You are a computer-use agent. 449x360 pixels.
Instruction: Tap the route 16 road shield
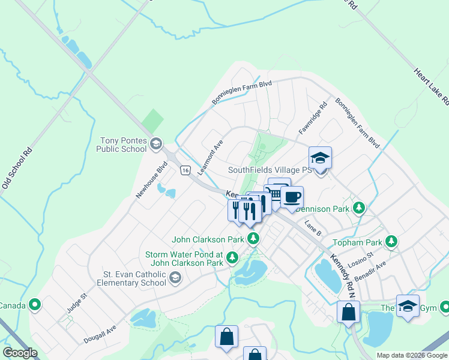185,170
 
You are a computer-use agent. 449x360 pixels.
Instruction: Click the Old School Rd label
16,170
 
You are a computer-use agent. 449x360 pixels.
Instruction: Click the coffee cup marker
292,197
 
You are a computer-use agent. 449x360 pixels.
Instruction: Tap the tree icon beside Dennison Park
359,208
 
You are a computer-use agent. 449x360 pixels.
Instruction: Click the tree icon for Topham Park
391,241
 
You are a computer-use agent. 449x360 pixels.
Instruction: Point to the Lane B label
313,228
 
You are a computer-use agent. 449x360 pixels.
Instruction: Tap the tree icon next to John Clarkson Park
254,239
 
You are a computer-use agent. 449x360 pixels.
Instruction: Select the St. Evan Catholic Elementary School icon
175,277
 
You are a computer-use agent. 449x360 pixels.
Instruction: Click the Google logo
20,353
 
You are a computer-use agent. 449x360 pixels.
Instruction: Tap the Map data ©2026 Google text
411,355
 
